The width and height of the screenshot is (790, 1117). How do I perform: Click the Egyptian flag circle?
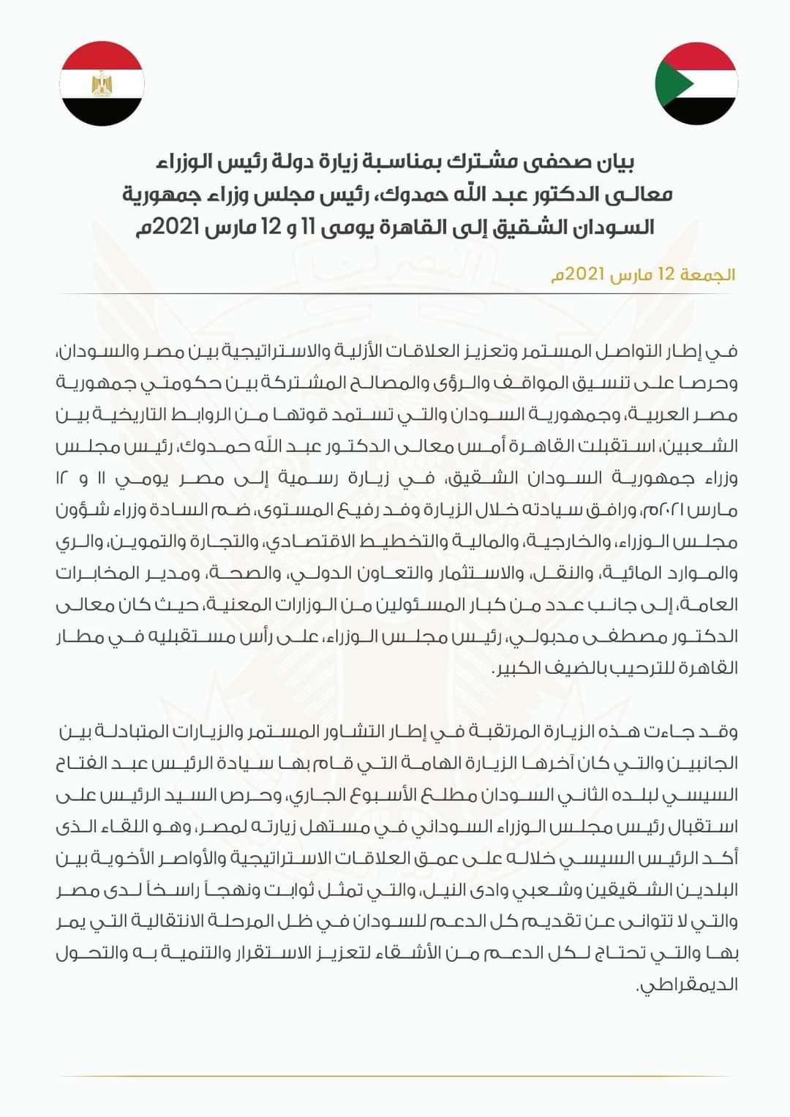102,83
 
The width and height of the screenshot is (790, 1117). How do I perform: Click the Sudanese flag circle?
696,83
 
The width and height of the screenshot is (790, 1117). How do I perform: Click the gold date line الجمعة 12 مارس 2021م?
643,275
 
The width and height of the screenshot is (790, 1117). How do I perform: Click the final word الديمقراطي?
688,985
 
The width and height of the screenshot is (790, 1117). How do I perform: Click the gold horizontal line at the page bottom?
395,1076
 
